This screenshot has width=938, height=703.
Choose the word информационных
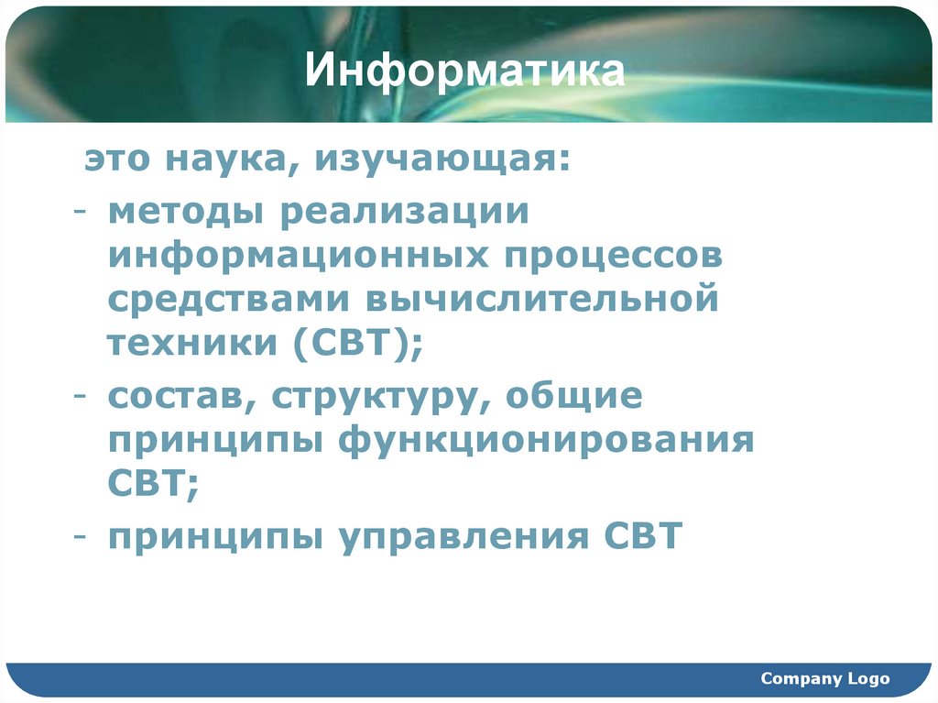(x=298, y=256)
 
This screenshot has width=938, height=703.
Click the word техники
(x=192, y=343)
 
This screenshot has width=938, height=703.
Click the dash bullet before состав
(x=81, y=398)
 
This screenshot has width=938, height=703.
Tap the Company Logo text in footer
(x=824, y=679)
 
